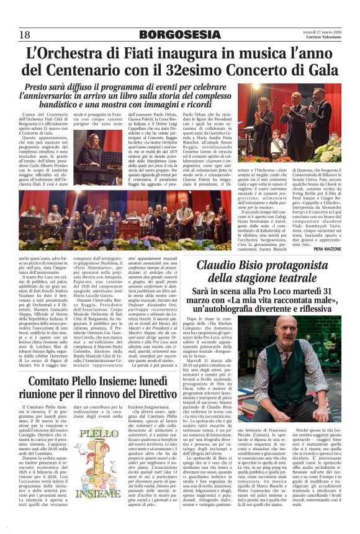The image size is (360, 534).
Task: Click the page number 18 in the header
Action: [x=25, y=34]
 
